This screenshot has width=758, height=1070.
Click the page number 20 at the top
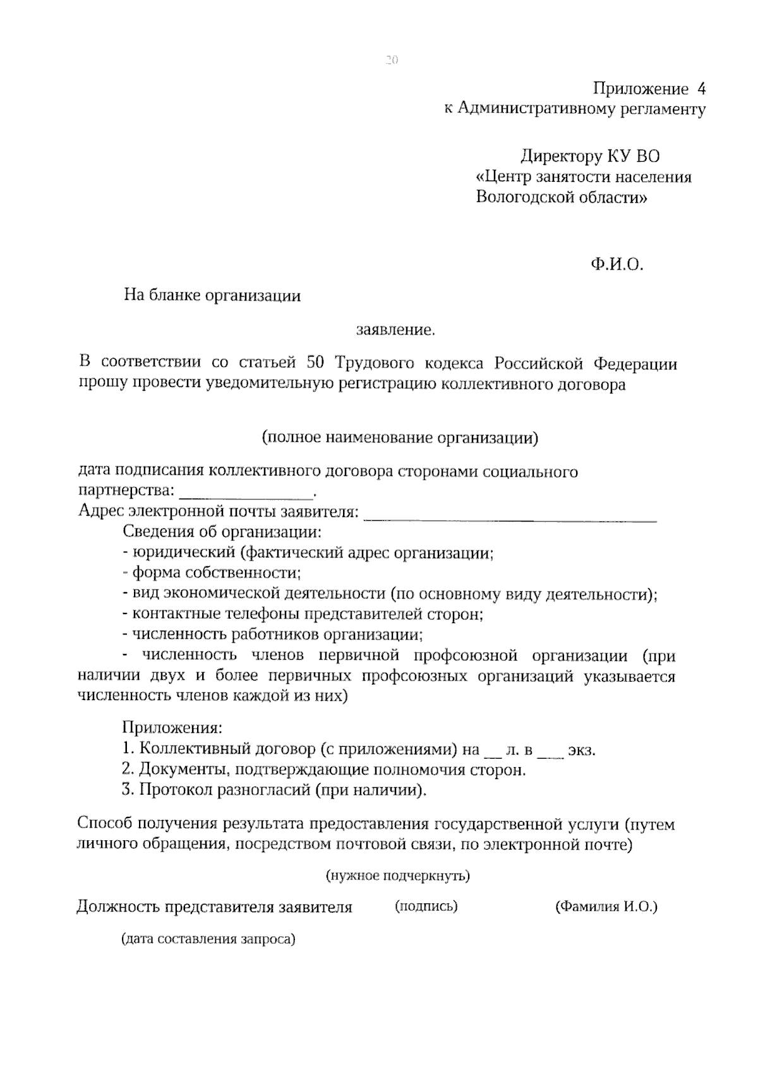(391, 61)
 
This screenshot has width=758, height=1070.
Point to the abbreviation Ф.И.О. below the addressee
(617, 265)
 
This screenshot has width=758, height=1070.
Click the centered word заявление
(395, 329)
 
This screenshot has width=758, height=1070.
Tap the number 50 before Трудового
(315, 363)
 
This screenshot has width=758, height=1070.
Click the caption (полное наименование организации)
(399, 437)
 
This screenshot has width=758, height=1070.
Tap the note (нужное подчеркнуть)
(398, 876)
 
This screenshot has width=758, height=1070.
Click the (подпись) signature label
(426, 907)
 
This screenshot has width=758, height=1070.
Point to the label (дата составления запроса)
(209, 939)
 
